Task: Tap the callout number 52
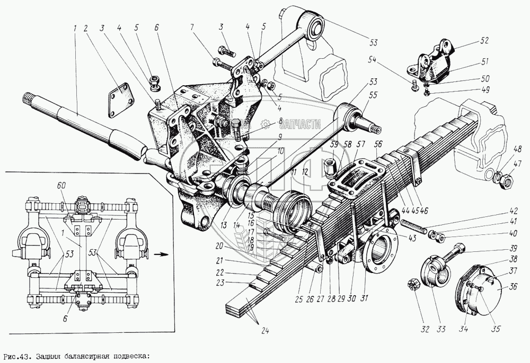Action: pyautogui.click(x=484, y=40)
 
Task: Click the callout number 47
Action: pyautogui.click(x=517, y=164)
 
